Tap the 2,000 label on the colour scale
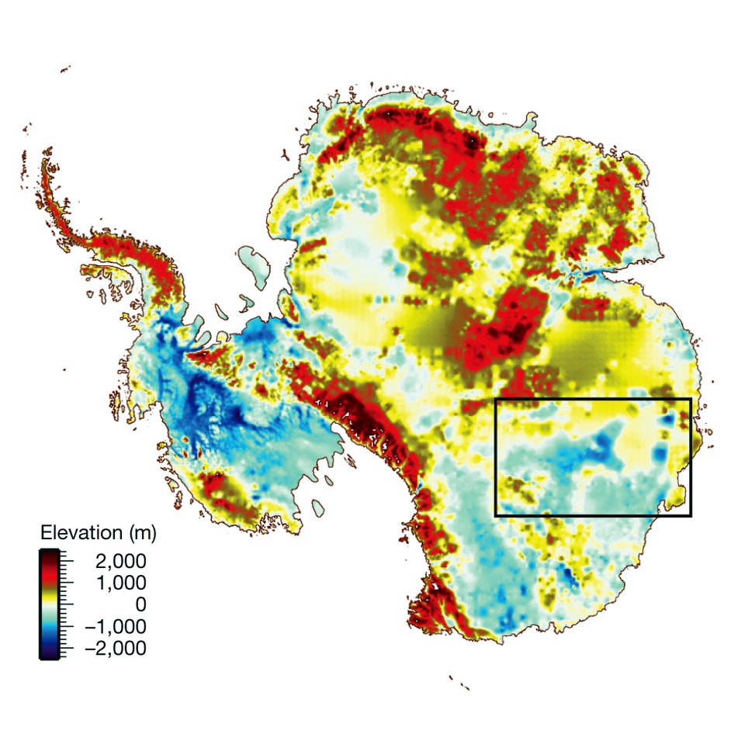[x=113, y=560]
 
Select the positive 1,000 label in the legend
[x=113, y=582]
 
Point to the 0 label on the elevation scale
[x=140, y=604]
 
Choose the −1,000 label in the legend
[x=109, y=626]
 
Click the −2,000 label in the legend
[x=109, y=649]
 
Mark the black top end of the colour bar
[x=50, y=552]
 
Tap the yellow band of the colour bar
[x=50, y=597]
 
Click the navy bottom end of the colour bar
[x=50, y=654]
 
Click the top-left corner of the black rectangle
[x=496, y=400]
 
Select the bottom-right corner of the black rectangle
[x=690, y=515]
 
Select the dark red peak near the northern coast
[x=469, y=142]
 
